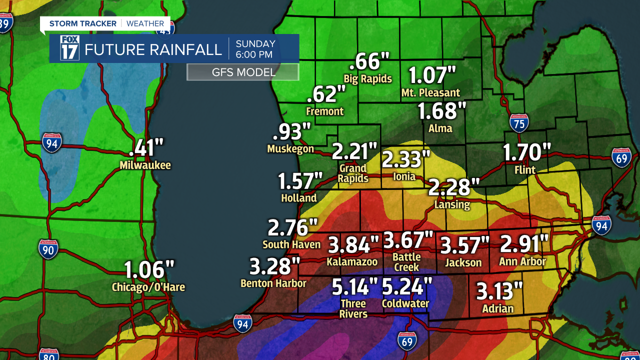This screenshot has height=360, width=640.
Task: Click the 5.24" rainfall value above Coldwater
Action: (407, 287)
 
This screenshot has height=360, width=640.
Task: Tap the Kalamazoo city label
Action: (352, 261)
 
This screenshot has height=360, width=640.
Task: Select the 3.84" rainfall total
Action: (353, 245)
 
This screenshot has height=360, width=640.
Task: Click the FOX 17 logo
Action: (69, 48)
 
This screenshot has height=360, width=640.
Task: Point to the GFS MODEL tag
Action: (243, 72)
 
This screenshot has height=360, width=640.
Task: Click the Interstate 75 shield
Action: (519, 122)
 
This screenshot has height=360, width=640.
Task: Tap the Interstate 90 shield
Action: (48, 248)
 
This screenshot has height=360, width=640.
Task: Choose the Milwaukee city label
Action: (145, 165)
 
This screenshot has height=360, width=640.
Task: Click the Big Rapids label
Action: (367, 78)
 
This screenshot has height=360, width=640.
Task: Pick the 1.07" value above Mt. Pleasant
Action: (432, 75)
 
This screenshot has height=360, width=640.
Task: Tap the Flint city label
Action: (525, 170)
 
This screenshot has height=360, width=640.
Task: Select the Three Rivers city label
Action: (353, 308)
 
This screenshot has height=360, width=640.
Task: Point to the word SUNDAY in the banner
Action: (255, 43)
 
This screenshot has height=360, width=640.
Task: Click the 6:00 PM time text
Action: (254, 54)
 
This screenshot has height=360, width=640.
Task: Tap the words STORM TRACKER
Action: (83, 23)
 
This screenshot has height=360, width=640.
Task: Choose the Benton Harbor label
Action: (273, 283)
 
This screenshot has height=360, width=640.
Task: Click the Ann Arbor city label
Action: (522, 261)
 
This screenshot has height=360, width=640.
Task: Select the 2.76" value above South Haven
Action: (293, 228)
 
